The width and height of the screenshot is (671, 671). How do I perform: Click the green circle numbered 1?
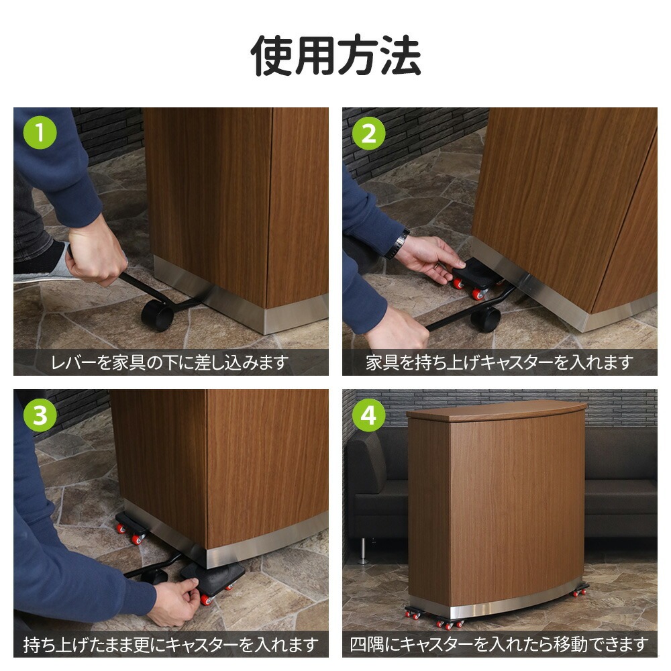pos(40,133)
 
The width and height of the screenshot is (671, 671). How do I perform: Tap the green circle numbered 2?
pos(369,133)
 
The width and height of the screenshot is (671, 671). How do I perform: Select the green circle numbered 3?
pos(40,415)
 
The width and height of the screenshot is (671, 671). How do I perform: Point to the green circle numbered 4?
pos(369,415)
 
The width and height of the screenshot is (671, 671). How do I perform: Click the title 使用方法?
pos(336,56)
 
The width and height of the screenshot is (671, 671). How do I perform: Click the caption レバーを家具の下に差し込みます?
pos(170,363)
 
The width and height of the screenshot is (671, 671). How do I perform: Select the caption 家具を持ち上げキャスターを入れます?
pos(499,363)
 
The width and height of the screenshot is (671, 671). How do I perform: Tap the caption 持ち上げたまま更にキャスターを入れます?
pos(170,645)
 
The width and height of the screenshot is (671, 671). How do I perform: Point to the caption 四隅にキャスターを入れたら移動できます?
pos(499,645)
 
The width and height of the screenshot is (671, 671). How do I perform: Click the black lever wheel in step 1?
pos(158,315)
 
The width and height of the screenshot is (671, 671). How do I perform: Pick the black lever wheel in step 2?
pos(485,319)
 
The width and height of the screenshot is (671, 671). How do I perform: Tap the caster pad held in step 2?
pos(477,278)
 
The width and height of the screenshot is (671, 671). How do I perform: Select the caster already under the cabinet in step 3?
pos(132,529)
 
